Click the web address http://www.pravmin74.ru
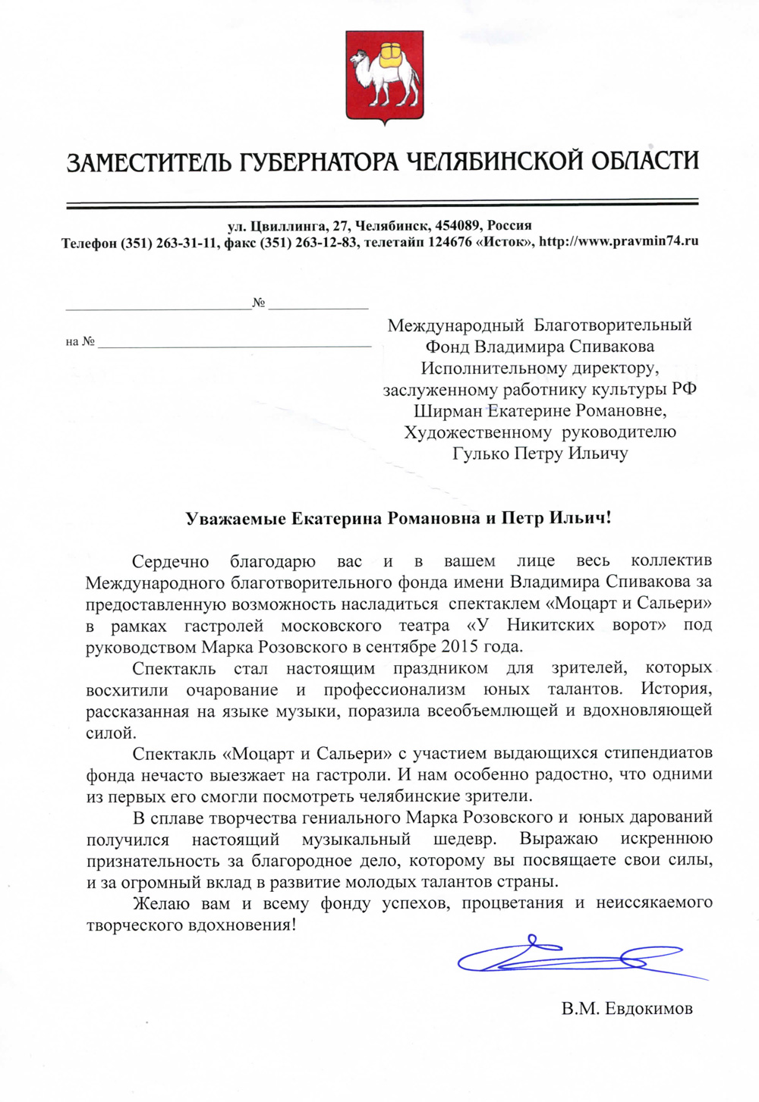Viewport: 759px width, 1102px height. pos(618,242)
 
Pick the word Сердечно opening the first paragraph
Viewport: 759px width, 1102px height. pos(170,561)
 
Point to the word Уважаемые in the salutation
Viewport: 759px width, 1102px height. pos(236,519)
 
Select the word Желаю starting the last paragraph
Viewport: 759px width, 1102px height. pos(158,903)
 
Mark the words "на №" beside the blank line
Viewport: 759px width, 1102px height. pos(80,342)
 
